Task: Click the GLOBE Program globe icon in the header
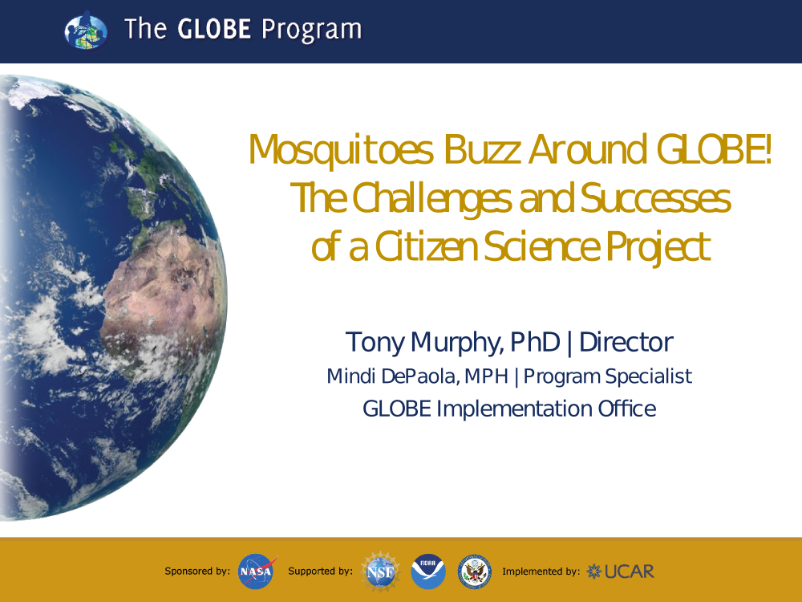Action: (86, 31)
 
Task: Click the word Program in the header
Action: (311, 30)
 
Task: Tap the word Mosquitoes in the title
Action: (341, 151)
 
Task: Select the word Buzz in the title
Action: (482, 149)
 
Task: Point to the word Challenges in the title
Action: (431, 199)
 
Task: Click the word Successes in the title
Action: (655, 198)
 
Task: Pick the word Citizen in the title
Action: (426, 246)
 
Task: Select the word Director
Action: (626, 342)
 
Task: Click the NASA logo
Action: (257, 571)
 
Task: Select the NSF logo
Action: (380, 571)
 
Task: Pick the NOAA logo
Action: (428, 571)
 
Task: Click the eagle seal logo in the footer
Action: (475, 571)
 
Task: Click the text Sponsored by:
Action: (197, 571)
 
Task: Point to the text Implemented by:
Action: (541, 571)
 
